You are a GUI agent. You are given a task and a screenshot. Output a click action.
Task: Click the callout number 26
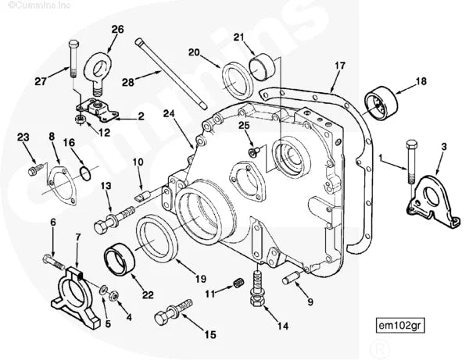[117, 30]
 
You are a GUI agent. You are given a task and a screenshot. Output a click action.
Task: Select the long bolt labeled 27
[73, 55]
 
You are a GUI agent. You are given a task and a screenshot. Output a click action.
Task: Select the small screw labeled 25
[252, 151]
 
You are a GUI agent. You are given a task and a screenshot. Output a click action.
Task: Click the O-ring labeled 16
[88, 169]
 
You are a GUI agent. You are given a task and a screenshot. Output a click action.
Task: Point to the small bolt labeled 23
[33, 168]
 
